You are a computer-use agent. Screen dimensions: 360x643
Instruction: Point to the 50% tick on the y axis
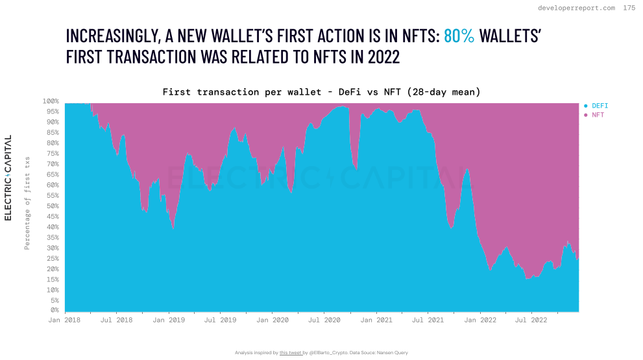(51, 206)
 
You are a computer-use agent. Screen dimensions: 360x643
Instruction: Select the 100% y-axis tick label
(50, 101)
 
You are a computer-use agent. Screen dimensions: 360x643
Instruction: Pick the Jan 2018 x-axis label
(65, 320)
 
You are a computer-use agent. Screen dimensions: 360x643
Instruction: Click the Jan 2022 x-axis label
(479, 320)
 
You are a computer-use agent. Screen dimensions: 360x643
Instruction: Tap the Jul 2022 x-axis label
(530, 320)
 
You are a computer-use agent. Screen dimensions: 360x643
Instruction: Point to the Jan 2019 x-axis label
(169, 320)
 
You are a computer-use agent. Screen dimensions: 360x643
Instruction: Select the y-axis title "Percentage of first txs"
(27, 202)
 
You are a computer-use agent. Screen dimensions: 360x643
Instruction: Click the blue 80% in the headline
(459, 36)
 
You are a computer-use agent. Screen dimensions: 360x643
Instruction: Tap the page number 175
(629, 8)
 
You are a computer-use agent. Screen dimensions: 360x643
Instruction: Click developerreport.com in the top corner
(577, 8)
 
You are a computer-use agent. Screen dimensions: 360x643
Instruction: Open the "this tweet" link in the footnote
(290, 353)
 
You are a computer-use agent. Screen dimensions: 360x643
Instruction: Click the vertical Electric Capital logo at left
(8, 178)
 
